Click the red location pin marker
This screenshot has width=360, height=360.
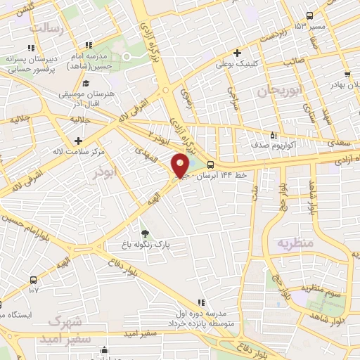tap(181, 165)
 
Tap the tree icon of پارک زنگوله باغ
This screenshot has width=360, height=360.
tap(145, 233)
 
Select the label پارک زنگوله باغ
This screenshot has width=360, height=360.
tap(145, 246)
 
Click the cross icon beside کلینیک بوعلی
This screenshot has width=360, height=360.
tap(238, 53)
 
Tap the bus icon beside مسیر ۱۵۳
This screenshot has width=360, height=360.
tap(309, 16)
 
